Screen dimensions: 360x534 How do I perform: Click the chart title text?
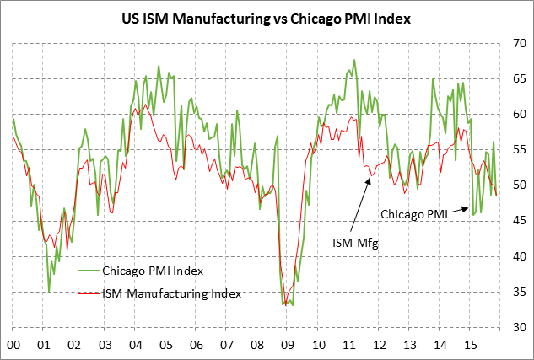(x=267, y=19)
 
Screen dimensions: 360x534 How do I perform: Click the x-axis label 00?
(x=13, y=345)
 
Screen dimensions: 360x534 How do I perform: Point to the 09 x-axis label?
(x=287, y=345)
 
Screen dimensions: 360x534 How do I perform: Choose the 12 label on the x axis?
(x=379, y=345)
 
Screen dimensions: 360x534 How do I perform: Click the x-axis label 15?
(x=470, y=345)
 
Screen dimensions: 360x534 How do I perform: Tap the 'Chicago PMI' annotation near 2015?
(x=413, y=213)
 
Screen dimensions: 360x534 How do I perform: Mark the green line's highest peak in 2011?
(x=354, y=61)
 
